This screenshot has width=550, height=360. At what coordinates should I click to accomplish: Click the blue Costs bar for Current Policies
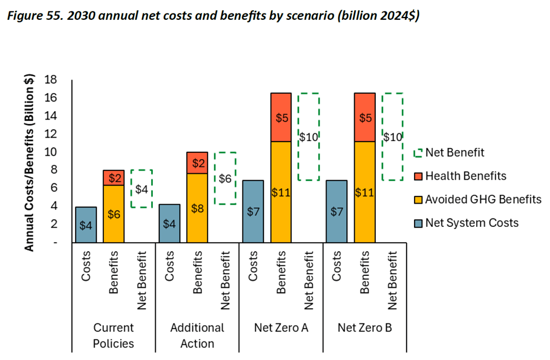[x=86, y=225]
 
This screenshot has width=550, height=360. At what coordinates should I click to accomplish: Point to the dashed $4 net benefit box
[x=142, y=188]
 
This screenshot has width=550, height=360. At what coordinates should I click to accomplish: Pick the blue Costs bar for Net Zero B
[x=337, y=212]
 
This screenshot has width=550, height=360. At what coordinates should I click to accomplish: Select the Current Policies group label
[x=113, y=335]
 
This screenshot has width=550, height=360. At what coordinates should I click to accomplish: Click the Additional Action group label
[x=197, y=335]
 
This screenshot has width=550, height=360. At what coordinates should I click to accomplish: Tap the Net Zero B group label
[x=364, y=327]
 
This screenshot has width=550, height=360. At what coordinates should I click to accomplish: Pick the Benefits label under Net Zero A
[x=281, y=273]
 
